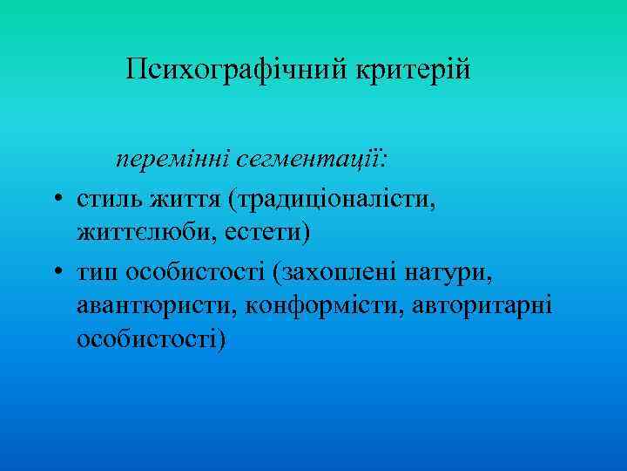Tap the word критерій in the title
tap(412, 69)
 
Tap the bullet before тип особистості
tap(55, 274)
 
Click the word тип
tap(98, 274)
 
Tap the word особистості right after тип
tap(194, 274)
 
